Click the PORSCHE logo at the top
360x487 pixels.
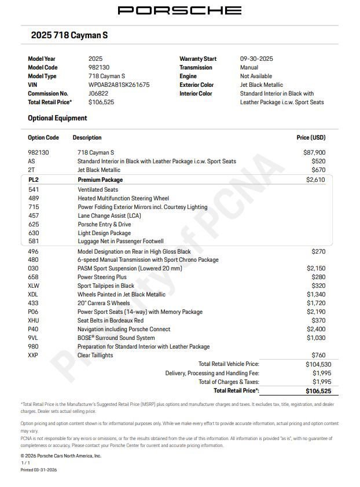[179, 10]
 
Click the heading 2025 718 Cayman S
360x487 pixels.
[69, 35]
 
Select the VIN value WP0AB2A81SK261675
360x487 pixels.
[119, 85]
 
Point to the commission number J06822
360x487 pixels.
[98, 93]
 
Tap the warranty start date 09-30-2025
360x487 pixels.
[256, 58]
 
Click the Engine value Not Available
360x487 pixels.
[256, 76]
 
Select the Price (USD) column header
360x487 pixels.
[311, 138]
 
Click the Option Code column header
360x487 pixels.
[43, 138]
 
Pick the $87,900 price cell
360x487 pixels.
[314, 152]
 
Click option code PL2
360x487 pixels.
[34, 180]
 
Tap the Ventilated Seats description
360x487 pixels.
[98, 189]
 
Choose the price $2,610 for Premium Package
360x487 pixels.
[315, 180]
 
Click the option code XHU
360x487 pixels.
[34, 320]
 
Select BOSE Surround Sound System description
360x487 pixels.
[116, 338]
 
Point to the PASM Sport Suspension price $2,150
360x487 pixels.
[315, 268]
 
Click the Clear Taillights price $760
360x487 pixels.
[318, 355]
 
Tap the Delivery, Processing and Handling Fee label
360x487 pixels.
[212, 373]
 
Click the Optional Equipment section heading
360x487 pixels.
[57, 118]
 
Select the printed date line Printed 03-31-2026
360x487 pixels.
[39, 470]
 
